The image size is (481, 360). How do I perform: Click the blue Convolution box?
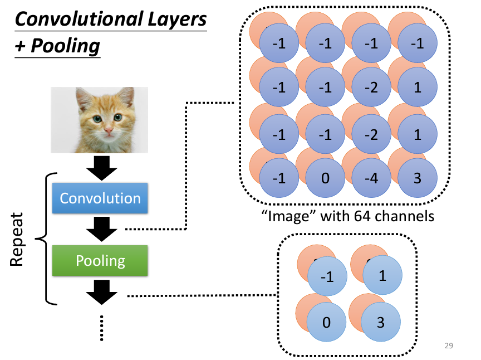click(100, 198)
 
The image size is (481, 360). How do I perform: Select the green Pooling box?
click(100, 261)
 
